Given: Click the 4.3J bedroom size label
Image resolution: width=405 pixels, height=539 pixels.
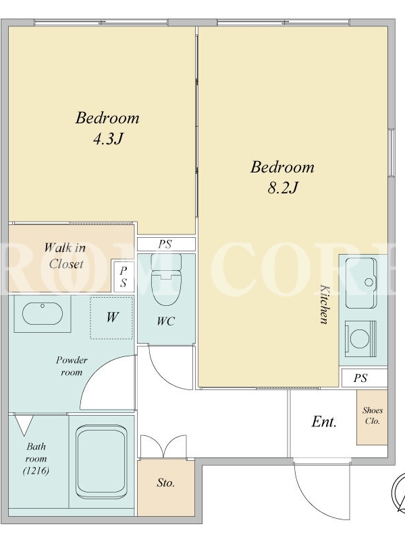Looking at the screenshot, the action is tap(108, 139).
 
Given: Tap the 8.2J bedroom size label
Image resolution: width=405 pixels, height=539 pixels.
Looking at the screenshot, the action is tap(282, 188).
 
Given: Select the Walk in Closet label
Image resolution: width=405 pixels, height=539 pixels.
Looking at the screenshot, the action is tap(65, 256).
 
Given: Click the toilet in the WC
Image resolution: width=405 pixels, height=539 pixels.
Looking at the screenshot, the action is tap(166, 280).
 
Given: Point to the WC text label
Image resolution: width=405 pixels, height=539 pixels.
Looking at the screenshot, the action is tap(166, 321).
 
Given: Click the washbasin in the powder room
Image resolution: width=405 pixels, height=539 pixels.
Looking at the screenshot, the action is tap(43, 313).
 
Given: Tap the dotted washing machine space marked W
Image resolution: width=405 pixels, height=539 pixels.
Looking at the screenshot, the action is tap(111, 317).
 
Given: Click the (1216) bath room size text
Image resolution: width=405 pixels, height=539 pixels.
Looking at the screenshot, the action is tap(36, 470).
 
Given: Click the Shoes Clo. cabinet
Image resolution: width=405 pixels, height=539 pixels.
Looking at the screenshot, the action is tap(373, 417).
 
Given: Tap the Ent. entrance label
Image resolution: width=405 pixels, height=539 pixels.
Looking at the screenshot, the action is tap(324, 422).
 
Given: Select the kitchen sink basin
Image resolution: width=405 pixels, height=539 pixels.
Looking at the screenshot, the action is tap(360, 283).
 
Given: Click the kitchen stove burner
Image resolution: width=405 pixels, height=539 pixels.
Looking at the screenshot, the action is tap(360, 339).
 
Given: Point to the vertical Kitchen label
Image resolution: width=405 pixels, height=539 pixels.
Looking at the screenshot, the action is tap(325, 304).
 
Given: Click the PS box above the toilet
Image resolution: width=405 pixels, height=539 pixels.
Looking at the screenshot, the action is tap(166, 244).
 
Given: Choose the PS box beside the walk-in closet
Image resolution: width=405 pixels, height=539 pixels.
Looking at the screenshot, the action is tap(124, 277).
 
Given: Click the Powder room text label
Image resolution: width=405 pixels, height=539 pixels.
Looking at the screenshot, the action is tap(72, 366).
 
